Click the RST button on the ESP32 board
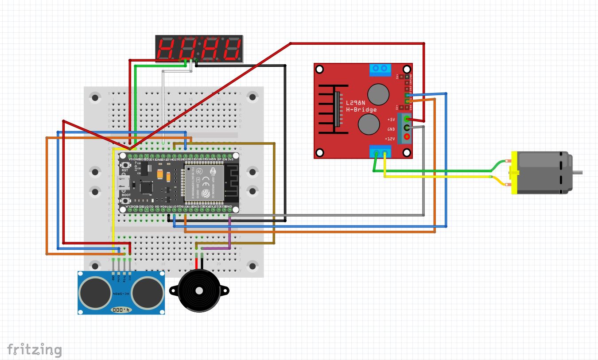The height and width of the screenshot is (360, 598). point(125,165)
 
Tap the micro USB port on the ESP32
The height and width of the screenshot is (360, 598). point(122,182)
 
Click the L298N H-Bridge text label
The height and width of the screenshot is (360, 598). point(361,106)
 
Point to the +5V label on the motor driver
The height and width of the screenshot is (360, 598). point(391,120)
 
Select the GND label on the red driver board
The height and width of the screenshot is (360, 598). point(391,129)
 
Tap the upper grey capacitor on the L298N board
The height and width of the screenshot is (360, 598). point(379,93)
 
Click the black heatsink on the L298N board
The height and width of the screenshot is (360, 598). point(330,109)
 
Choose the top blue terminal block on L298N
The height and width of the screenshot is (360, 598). point(380,69)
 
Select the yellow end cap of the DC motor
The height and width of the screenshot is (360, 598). point(514,173)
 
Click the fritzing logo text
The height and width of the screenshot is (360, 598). point(35,350)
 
